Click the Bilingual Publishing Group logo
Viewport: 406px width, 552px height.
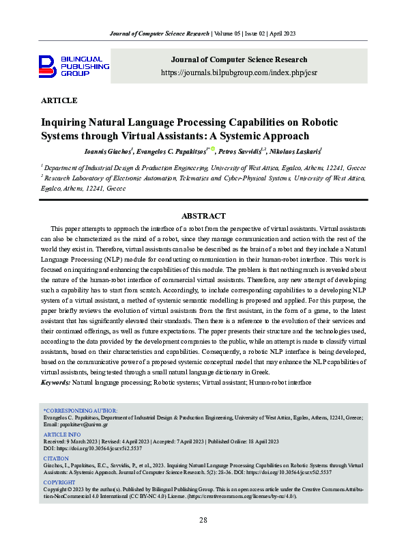(x=74, y=66)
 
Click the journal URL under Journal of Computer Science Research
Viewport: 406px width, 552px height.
(x=239, y=72)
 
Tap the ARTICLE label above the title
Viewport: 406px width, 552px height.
(x=59, y=100)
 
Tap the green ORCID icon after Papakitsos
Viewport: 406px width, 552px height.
(x=212, y=149)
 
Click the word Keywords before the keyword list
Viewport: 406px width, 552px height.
(x=56, y=383)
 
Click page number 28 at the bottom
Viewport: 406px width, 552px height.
(x=203, y=520)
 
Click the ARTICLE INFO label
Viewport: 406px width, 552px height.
(x=62, y=434)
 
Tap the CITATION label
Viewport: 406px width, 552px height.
(x=57, y=458)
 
